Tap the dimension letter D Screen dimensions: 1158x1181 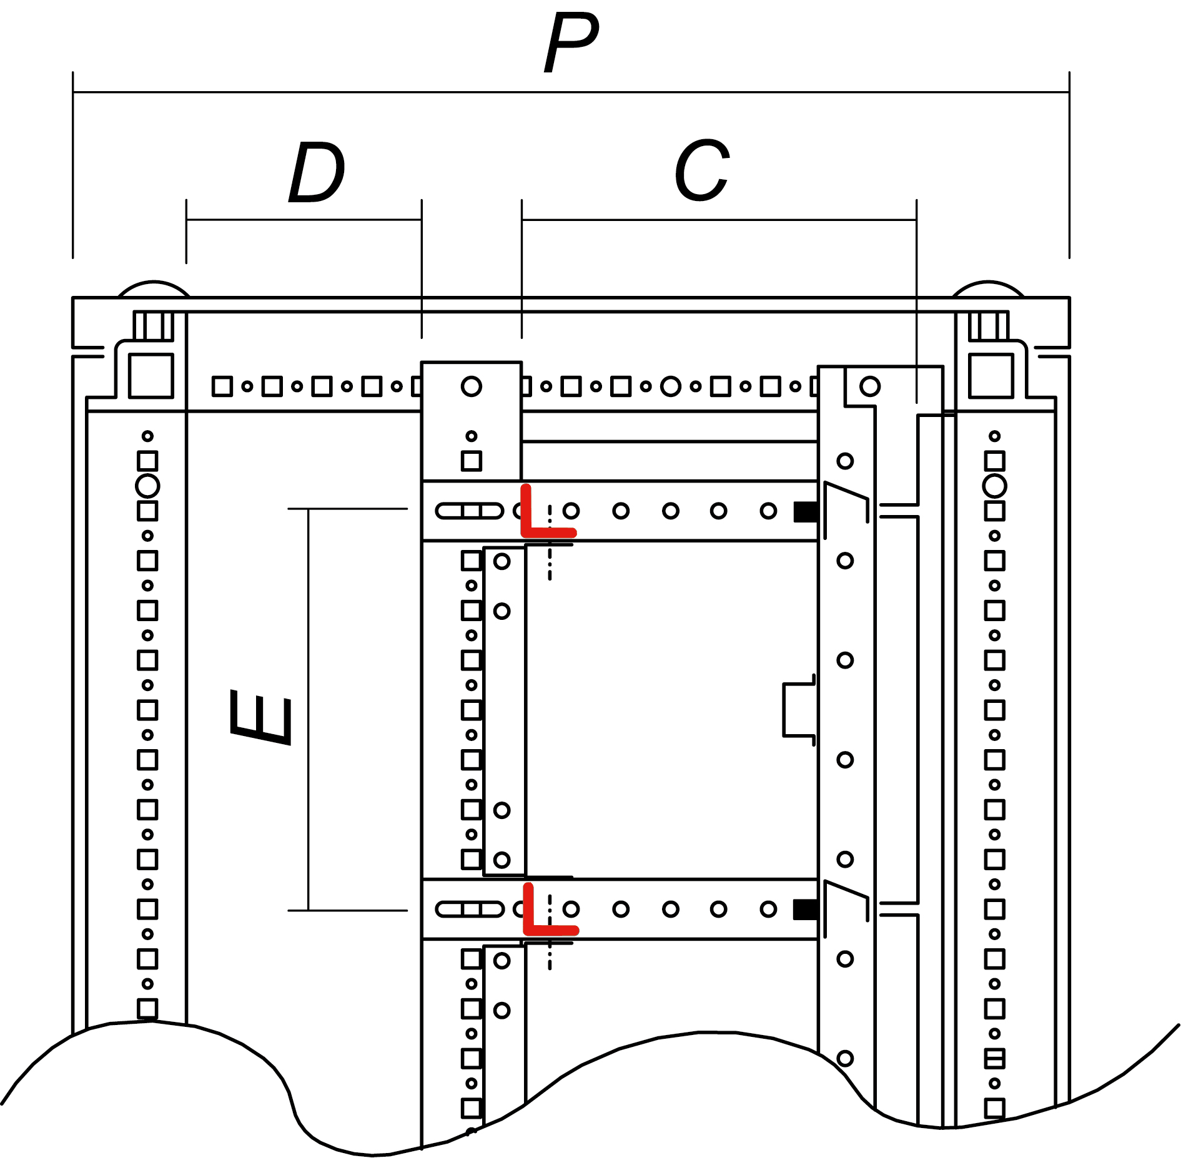tap(316, 172)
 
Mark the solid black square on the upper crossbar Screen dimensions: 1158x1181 tap(806, 512)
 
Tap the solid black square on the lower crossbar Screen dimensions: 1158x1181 tap(805, 910)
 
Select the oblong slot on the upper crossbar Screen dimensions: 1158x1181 tap(470, 511)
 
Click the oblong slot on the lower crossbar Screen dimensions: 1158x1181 tap(470, 909)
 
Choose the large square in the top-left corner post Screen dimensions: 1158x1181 tap(151, 376)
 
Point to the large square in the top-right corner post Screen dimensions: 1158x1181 tap(991, 376)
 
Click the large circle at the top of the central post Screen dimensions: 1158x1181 tap(472, 386)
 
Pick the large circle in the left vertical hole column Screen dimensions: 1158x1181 tap(147, 486)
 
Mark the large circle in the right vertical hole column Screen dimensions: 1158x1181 tap(994, 486)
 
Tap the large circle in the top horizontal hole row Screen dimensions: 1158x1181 tap(670, 386)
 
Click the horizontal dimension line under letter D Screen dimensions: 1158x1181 tap(304, 220)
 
